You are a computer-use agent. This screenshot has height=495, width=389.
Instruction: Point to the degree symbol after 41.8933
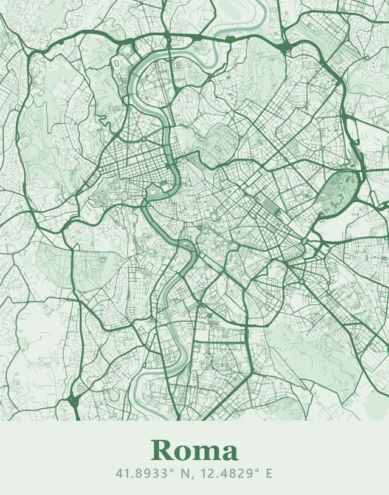click(x=164, y=469)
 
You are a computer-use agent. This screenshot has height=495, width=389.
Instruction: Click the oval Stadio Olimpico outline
click(x=116, y=63)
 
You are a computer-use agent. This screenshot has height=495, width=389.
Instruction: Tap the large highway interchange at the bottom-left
click(x=75, y=401)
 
